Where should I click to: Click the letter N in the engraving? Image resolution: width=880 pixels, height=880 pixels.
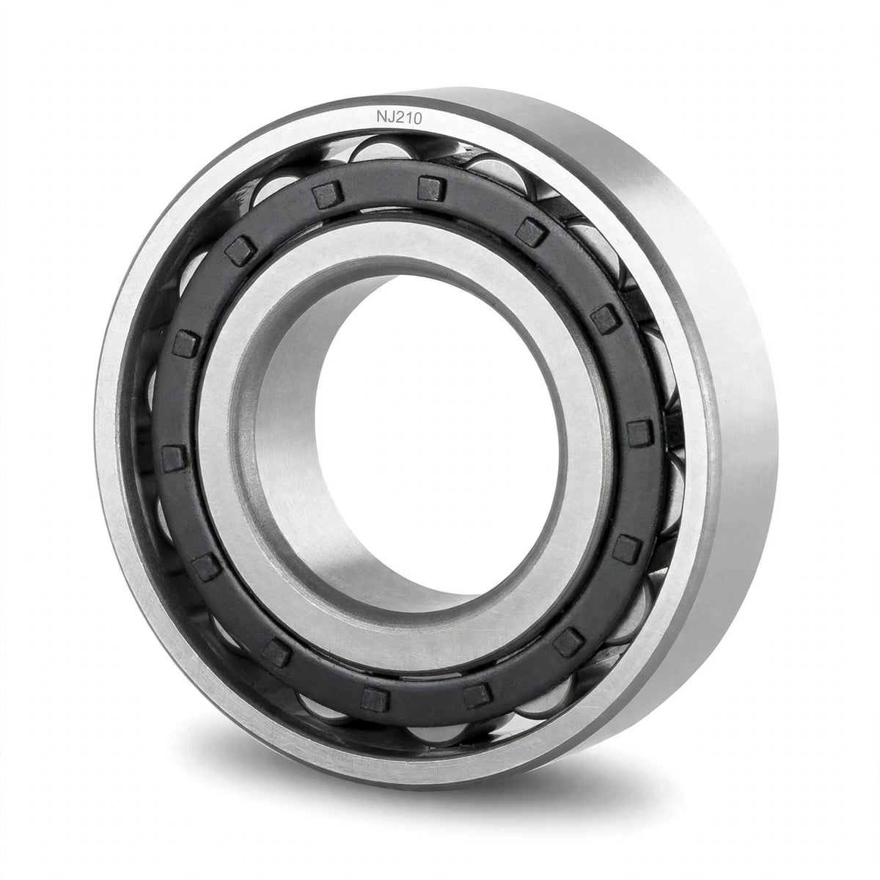381,117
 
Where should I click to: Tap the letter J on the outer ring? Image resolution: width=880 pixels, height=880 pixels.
392,117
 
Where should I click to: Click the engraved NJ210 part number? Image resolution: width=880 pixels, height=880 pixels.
399,117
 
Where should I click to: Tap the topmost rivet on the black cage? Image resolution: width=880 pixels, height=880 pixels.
430,188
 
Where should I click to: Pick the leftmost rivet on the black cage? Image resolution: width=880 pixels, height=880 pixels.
175,458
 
